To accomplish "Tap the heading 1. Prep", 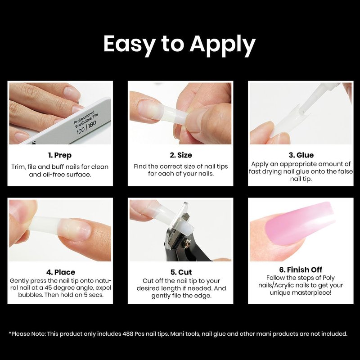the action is (60, 155).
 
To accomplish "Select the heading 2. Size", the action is (181, 155).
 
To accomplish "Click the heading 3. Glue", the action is (301, 155).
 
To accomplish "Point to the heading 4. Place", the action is (61, 272).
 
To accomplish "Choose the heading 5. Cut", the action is (181, 272).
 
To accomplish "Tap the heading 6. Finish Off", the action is (301, 270).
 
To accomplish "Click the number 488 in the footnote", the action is (128, 333).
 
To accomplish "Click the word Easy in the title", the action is (129, 44).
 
